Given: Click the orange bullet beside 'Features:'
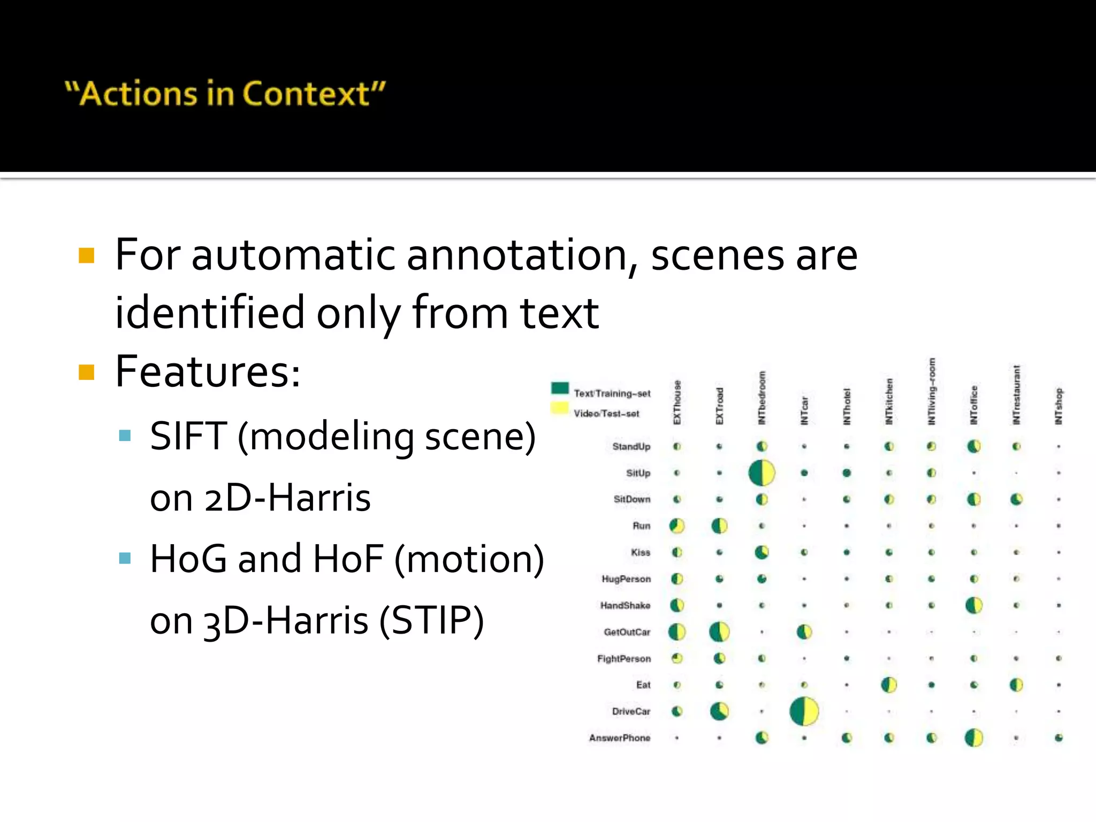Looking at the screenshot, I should click(86, 371).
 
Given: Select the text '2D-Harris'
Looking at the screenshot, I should click(287, 498).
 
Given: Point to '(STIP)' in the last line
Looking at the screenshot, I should click(432, 621).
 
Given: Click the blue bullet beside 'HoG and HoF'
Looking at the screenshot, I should click(125, 559).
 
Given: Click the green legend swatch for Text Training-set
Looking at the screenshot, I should click(560, 388).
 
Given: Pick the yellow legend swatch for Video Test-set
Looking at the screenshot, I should click(560, 408).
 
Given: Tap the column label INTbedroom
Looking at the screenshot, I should click(762, 398).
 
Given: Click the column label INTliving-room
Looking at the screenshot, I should click(932, 392).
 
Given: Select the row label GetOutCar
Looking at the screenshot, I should click(627, 632).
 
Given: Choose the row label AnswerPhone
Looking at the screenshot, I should click(620, 738).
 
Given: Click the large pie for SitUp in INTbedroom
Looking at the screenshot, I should click(762, 473).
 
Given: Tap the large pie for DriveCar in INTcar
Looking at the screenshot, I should click(804, 711).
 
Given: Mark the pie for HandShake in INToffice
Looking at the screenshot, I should click(974, 605).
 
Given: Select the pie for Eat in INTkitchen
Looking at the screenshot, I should click(889, 685).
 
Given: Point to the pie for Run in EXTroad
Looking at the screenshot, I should click(719, 526).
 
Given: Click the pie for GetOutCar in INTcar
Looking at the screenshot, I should click(804, 632).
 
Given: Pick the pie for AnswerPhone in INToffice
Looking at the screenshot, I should click(974, 738).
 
